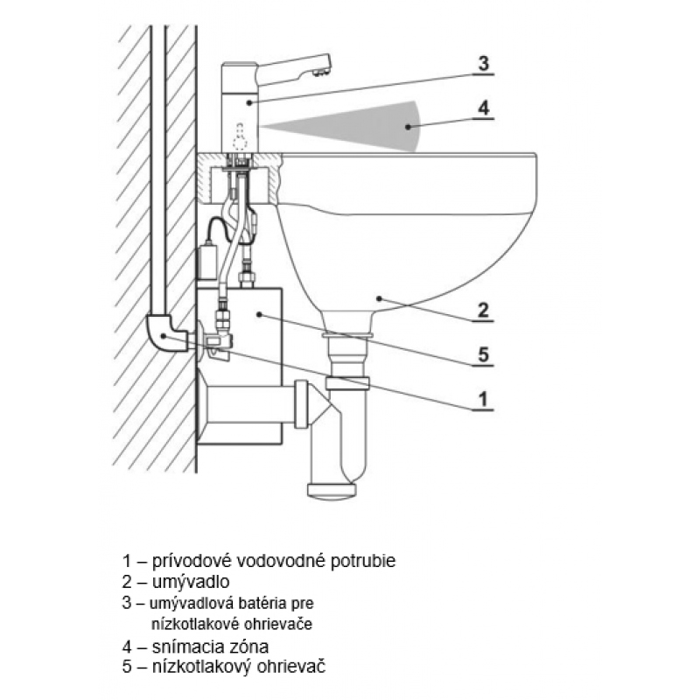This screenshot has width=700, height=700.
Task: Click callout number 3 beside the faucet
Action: point(482,64)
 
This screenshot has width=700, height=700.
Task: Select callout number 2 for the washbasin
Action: point(482,310)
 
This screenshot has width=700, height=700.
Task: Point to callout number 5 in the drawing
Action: point(482,355)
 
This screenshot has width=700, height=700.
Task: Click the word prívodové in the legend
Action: point(187,561)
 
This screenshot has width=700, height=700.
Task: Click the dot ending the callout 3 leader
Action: point(250,101)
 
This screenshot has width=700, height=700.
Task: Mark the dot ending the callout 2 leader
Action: point(378,298)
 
